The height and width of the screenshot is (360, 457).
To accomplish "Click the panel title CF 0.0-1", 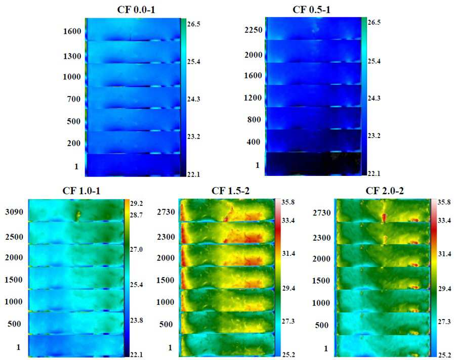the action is point(136,10).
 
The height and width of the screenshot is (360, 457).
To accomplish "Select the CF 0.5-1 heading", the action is point(311,10).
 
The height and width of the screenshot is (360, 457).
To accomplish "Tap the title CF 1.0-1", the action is point(81,191).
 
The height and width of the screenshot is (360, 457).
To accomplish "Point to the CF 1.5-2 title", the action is point(231,191).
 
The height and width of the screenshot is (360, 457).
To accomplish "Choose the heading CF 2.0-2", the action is point(385,191).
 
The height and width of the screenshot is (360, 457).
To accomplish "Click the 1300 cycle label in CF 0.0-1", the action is point(72,56).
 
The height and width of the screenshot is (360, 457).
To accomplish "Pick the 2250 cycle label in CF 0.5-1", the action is point(253,30).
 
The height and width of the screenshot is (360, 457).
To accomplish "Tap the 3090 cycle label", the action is point(14,212).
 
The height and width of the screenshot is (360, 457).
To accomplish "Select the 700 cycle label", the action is point(74,99).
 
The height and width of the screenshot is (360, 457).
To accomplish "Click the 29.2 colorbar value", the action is point(137,203).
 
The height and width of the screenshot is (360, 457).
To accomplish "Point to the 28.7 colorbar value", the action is point(137,215).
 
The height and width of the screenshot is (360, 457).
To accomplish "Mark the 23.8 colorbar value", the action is point(137,321).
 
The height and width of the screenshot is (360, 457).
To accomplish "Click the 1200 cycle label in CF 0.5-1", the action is point(253,98).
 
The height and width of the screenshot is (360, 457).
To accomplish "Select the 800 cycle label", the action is point(254,119).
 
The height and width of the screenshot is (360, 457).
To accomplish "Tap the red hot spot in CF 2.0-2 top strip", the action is point(384,217).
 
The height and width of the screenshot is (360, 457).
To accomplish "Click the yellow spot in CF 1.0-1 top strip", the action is point(78,215).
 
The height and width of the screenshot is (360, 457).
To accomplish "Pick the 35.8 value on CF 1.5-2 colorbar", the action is point(288,202).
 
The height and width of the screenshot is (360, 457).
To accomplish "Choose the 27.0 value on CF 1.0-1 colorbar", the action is point(137,250).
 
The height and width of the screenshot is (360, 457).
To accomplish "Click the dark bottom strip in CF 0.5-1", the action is point(313,164).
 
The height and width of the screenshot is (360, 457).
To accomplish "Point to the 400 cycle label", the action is point(253,142).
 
